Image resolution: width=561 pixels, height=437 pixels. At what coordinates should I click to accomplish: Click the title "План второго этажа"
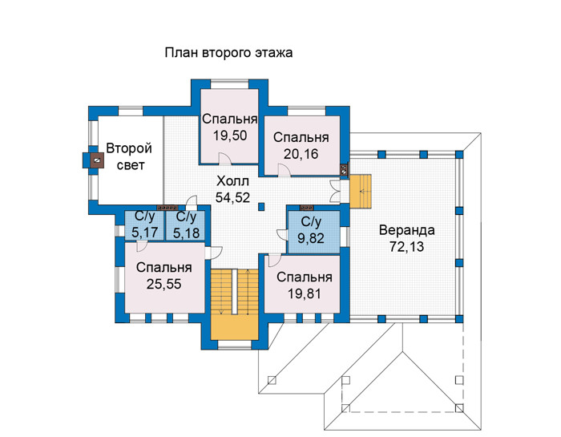coord(228,53)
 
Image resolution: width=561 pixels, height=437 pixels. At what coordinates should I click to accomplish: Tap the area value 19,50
coord(230,136)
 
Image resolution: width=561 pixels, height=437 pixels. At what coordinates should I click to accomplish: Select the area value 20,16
coord(301,154)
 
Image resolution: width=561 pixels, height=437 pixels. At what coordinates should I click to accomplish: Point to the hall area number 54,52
coord(232,197)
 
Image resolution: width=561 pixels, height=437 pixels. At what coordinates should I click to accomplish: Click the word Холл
coord(232,181)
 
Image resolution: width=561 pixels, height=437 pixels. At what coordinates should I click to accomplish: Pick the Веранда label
coord(407,230)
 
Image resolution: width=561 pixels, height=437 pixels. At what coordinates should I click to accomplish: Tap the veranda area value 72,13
coord(407,247)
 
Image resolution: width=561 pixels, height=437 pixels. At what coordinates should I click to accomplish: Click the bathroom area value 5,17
coord(144,233)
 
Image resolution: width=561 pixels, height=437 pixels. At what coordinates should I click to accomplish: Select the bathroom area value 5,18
coord(187,233)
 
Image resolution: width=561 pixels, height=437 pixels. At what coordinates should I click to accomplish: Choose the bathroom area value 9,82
coord(311,237)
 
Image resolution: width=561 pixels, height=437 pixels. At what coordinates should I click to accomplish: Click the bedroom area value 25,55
coord(163,284)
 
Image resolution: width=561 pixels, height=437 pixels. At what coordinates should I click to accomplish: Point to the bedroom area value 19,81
coord(305,293)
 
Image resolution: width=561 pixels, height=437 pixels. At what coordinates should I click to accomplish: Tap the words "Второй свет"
coord(129,156)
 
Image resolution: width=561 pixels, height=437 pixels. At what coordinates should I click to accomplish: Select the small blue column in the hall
coord(261,207)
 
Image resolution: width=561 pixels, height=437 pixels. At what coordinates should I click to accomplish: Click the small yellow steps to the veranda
coord(361,191)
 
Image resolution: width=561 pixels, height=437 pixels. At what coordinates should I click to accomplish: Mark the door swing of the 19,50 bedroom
coord(224,158)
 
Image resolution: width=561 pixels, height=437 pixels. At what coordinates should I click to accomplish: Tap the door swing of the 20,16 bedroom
coord(285,170)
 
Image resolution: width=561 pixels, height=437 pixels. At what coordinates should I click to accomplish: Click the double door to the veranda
coord(335,192)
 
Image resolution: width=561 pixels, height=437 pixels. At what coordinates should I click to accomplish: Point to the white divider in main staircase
coord(234,292)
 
